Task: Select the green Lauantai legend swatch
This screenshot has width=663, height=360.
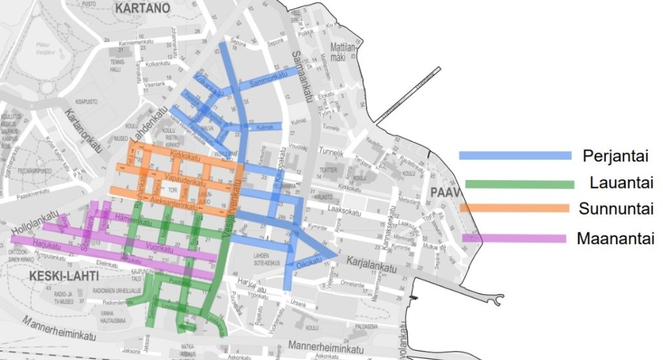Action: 516,184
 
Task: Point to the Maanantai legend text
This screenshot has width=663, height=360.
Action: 615,238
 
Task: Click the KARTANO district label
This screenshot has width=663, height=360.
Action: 141,8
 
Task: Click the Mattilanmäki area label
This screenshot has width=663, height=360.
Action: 344,53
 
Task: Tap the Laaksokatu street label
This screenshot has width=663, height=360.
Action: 343,210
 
